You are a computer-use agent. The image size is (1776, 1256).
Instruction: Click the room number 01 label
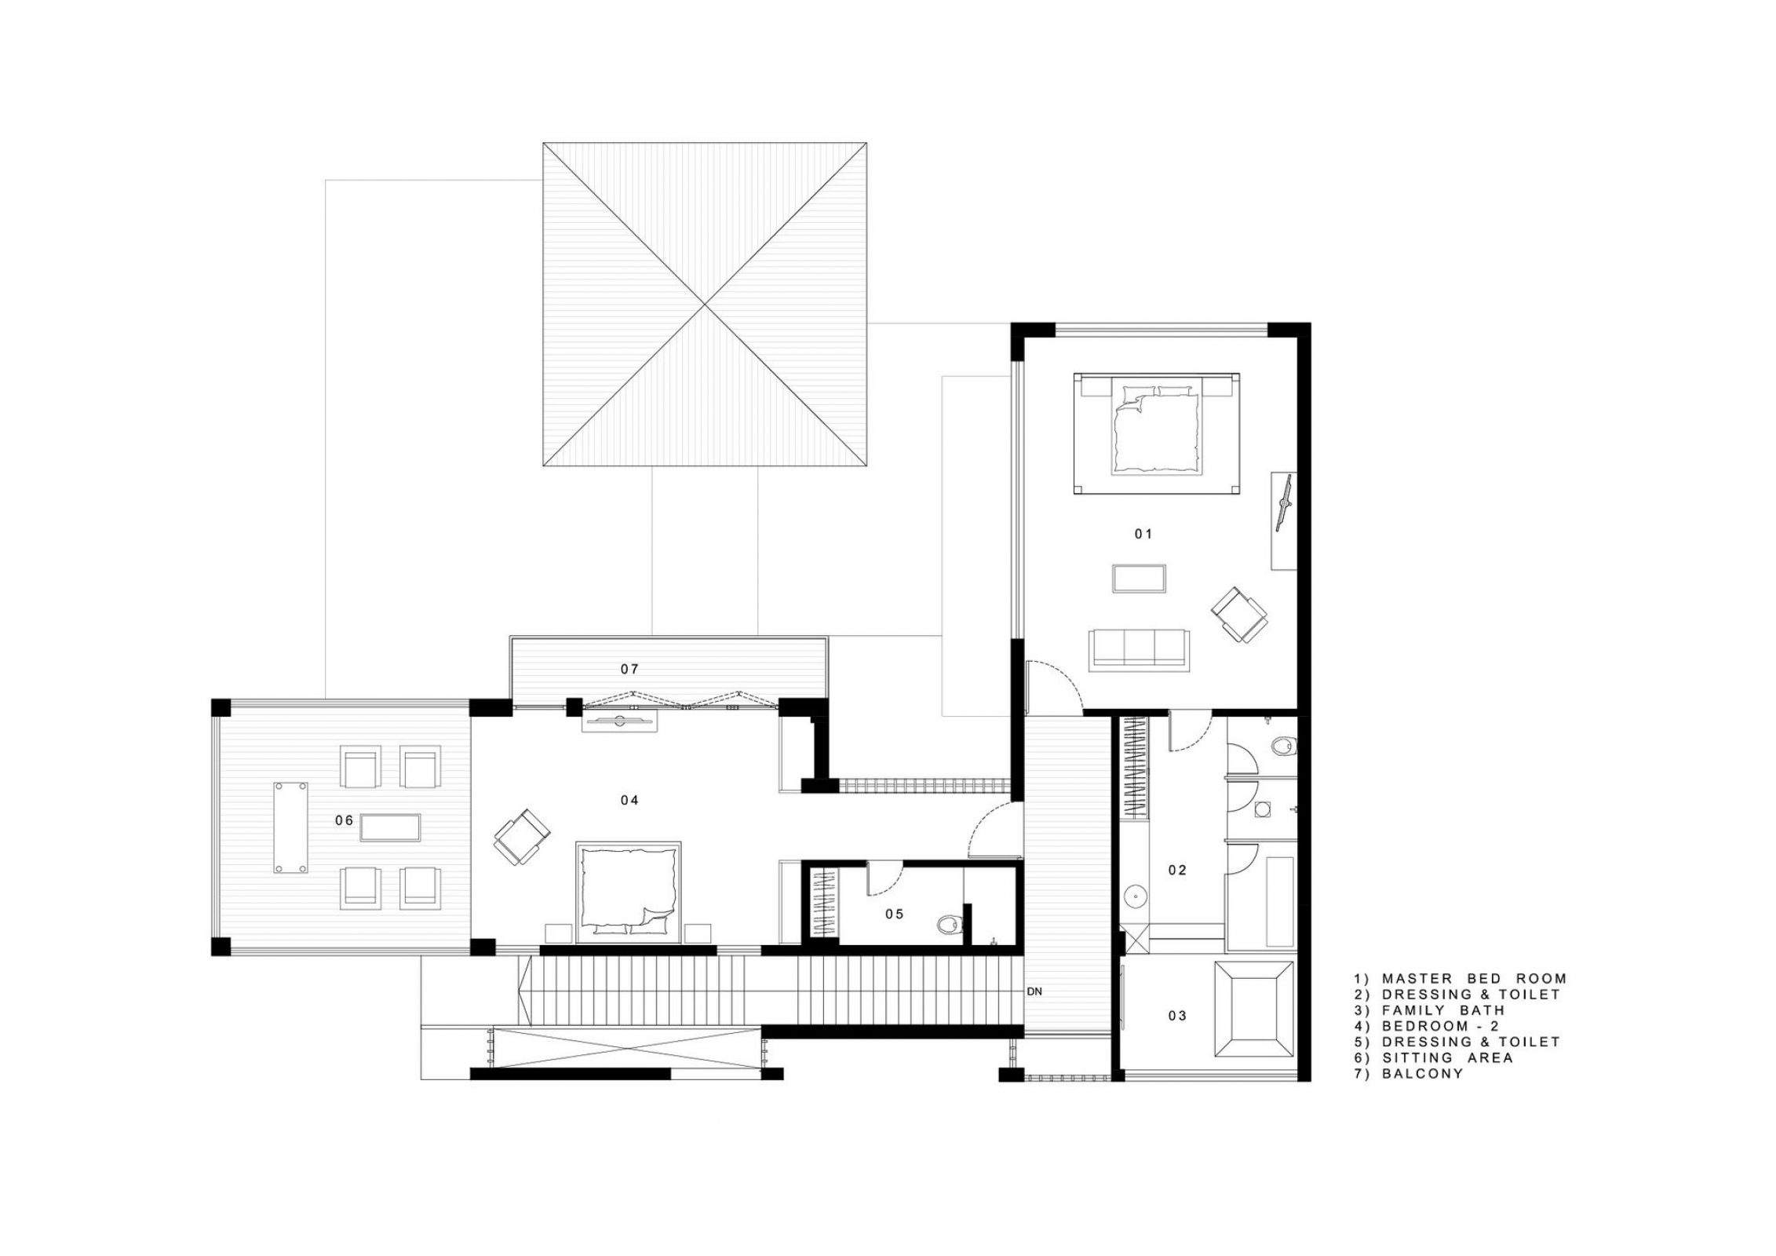coord(1143,534)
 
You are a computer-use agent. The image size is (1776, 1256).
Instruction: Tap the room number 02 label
coord(1177,870)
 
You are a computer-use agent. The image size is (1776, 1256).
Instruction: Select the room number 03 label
coord(1177,1016)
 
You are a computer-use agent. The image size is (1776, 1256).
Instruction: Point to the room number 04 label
coord(629,800)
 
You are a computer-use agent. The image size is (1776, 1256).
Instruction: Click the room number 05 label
coord(895,914)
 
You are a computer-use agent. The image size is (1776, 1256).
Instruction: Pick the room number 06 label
coord(344,820)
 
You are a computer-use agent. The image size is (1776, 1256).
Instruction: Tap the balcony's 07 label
coord(629,669)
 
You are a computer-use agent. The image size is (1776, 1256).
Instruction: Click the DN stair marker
coord(1034,991)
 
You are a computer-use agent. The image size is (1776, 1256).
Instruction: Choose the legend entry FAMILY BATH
coord(1430,1010)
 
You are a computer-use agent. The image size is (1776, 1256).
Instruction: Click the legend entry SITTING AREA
coord(1434,1057)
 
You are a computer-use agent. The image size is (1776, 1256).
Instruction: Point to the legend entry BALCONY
coord(1409,1073)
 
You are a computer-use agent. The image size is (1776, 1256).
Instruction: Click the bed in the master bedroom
coord(1157,434)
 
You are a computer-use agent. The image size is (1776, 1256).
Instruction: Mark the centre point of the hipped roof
coord(705,304)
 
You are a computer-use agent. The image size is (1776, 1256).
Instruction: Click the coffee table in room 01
coord(1140,578)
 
